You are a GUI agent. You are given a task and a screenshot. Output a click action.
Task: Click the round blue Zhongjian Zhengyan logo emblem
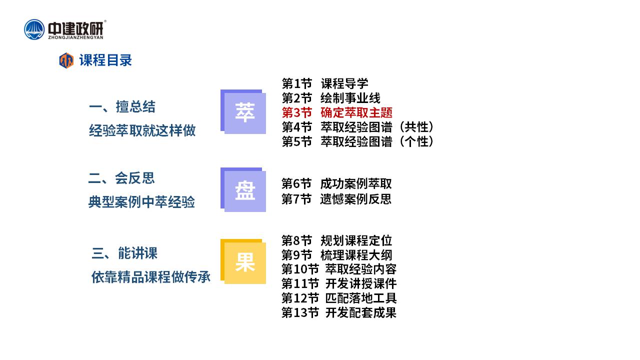tap(34, 29)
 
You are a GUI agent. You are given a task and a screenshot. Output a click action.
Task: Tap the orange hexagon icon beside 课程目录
tap(66, 60)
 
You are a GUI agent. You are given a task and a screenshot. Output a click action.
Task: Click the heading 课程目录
tap(105, 60)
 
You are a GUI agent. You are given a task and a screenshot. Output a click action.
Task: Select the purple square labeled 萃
tap(243, 111)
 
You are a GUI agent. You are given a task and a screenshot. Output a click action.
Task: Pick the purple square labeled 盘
tap(243, 189)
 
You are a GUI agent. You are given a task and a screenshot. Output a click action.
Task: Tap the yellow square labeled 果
tap(243, 261)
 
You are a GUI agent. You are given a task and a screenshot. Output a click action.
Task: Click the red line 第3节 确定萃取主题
tap(337, 112)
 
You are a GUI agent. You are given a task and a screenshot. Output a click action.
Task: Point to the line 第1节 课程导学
tap(325, 83)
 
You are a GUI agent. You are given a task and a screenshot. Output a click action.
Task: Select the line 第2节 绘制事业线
tap(331, 98)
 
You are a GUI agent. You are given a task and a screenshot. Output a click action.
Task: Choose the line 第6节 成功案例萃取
tap(336, 183)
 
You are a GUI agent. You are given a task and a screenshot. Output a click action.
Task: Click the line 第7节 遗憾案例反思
tap(336, 199)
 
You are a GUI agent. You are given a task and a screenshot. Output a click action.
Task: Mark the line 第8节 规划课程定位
tap(336, 240)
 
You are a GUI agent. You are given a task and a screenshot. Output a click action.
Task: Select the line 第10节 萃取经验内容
tap(339, 269)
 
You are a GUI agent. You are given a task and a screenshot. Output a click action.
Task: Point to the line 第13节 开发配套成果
tap(339, 312)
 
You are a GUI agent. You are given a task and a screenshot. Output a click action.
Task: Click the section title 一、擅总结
tap(122, 107)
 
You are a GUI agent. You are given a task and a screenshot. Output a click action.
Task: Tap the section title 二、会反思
tap(121, 178)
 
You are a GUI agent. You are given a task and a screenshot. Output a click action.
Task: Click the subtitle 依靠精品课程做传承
tap(151, 277)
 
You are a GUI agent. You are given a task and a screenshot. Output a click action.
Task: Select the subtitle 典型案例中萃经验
tap(141, 201)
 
